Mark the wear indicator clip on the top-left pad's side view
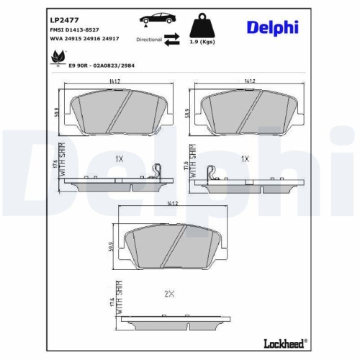click(x=158, y=171)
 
